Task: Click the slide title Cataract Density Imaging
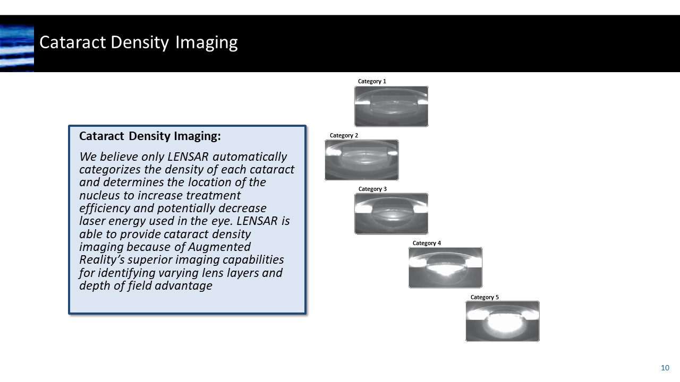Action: click(x=138, y=42)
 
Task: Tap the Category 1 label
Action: click(x=372, y=81)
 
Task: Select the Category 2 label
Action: click(x=344, y=135)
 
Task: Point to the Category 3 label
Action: click(x=372, y=189)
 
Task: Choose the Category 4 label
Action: click(x=427, y=243)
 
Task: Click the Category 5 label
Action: click(x=484, y=297)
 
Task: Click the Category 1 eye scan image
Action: click(x=391, y=106)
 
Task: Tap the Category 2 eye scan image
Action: click(x=361, y=160)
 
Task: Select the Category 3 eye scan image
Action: click(x=391, y=213)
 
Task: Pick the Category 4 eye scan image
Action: click(x=445, y=267)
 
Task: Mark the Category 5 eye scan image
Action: click(x=502, y=321)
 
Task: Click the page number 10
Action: click(x=665, y=368)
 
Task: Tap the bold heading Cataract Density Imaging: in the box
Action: click(x=150, y=136)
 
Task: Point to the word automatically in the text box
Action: click(x=253, y=157)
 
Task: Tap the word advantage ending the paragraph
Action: click(x=183, y=285)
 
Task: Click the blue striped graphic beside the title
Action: click(x=17, y=48)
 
